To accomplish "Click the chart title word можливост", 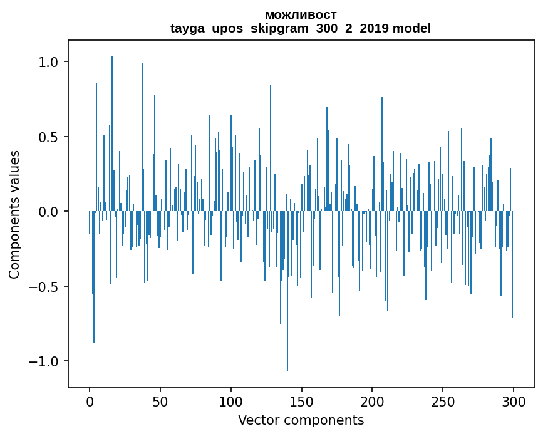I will coord(301,14).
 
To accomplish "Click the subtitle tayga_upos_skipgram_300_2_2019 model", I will coord(301,28).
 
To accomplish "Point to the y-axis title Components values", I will coord(14,214).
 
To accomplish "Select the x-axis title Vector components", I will coord(301,420).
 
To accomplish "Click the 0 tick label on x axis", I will coord(90,401).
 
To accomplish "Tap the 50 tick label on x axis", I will coord(160,401).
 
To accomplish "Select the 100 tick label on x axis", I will coord(231,401).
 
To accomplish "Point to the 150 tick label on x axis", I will coord(302,401).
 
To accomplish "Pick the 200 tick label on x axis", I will coord(372,401).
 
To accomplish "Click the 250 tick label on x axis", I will coord(443,401).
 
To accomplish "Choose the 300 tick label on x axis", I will coord(514,401).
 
